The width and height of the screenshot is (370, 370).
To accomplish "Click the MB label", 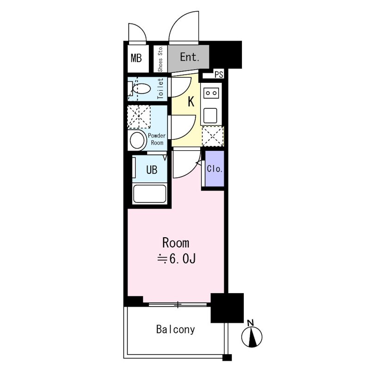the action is click(x=136, y=58).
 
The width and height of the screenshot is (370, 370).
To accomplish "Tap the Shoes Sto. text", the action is click(x=160, y=59).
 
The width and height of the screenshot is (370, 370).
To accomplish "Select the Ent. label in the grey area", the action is click(x=190, y=57).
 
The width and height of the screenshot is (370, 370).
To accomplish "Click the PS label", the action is click(x=219, y=74).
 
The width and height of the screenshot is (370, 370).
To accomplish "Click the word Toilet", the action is click(x=160, y=89).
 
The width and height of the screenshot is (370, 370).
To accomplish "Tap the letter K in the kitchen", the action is click(x=191, y=102).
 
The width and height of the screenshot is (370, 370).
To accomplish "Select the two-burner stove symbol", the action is click(x=211, y=93).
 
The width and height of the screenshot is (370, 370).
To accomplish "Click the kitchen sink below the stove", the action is click(x=210, y=115).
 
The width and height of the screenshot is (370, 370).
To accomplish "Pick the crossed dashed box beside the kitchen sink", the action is click(x=213, y=136).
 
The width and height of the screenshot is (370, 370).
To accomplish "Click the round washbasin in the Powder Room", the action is click(x=137, y=141).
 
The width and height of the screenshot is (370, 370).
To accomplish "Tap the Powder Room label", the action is click(x=157, y=139).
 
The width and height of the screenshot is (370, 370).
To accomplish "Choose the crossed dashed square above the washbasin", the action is click(x=139, y=117).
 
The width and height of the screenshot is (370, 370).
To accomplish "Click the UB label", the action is click(x=152, y=170).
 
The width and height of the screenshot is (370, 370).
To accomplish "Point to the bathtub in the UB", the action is click(x=149, y=193).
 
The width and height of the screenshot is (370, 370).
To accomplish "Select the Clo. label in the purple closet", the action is click(x=215, y=169).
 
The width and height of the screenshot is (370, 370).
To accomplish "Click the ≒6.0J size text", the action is click(x=177, y=259).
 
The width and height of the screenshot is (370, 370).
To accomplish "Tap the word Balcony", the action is click(x=176, y=330).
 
